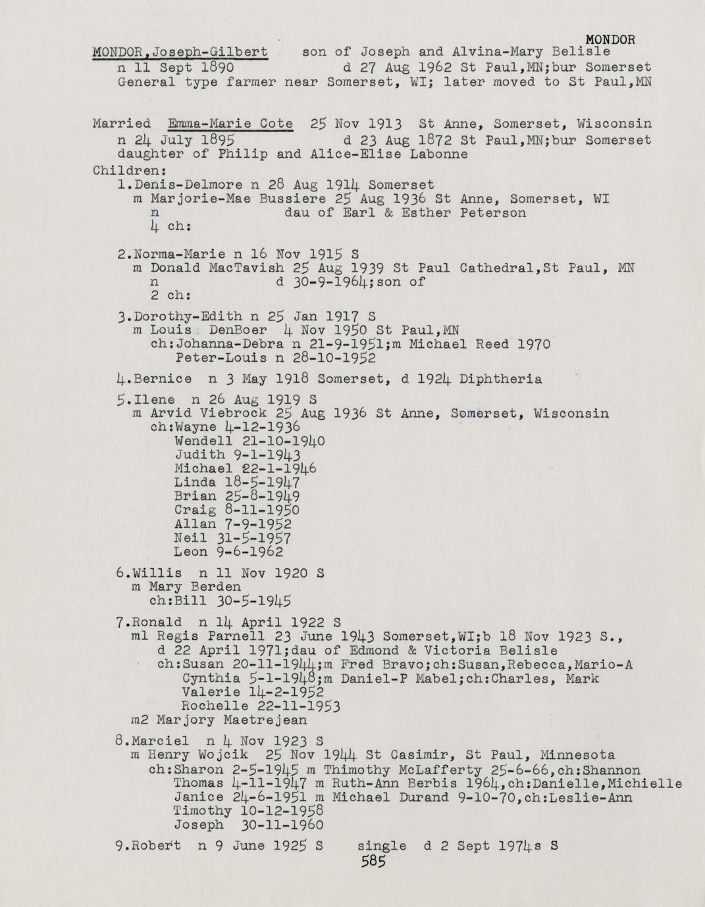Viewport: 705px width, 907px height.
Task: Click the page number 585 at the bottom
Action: tap(373, 862)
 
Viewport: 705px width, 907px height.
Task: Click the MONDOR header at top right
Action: tap(610, 39)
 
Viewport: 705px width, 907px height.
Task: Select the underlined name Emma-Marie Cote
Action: tap(230, 124)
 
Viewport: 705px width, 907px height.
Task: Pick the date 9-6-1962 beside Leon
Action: tap(254, 552)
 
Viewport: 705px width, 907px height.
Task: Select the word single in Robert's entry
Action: tap(382, 846)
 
